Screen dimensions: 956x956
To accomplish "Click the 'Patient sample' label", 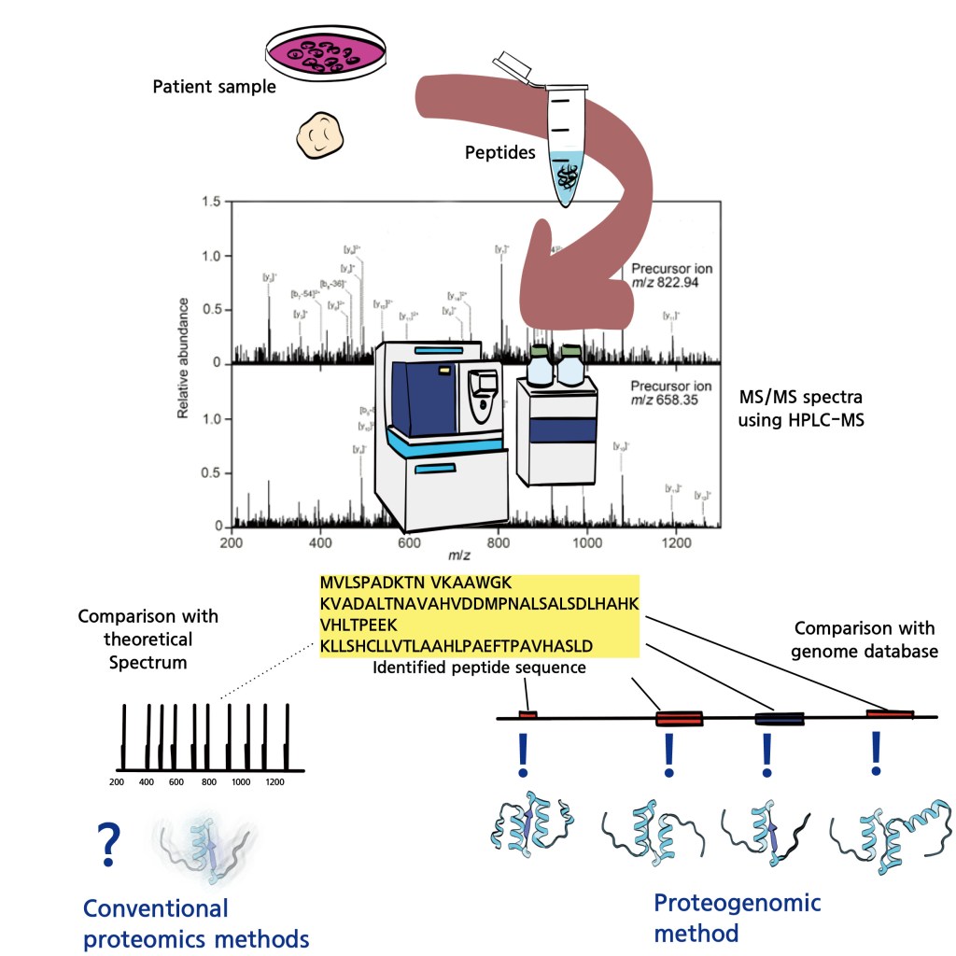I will pyautogui.click(x=214, y=88).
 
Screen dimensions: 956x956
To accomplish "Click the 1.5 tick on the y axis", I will pyautogui.click(x=213, y=202).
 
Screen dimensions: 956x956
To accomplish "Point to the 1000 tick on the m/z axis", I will pyautogui.click(x=586, y=542).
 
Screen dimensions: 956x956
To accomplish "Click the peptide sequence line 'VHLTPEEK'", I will pyautogui.click(x=358, y=626).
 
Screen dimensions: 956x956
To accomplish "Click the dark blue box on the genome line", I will pyautogui.click(x=779, y=719).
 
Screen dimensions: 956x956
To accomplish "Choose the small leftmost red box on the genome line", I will pyautogui.click(x=527, y=715).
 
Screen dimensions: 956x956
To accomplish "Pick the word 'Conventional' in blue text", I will pyautogui.click(x=155, y=907).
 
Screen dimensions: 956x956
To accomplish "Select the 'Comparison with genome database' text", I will pyautogui.click(x=864, y=640).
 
